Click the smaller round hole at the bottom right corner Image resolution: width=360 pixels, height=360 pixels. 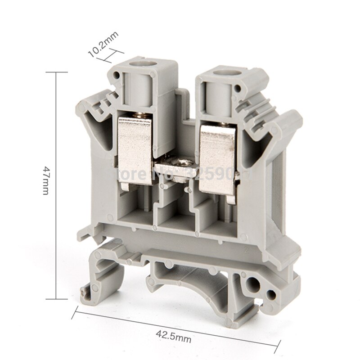coord(271,295)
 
